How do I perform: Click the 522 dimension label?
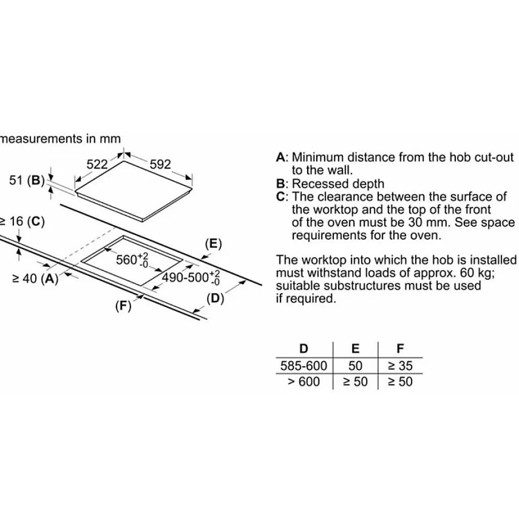tap(97, 164)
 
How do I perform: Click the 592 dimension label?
tap(160, 164)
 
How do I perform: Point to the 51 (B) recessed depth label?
tap(27, 180)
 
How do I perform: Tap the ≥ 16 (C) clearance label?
tap(22, 222)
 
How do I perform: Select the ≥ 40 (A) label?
tap(35, 279)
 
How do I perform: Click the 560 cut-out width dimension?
tap(132, 260)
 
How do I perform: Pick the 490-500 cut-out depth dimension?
tap(190, 278)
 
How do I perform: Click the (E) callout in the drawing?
tap(213, 244)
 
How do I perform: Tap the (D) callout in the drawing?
tap(216, 299)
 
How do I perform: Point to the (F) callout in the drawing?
tap(124, 306)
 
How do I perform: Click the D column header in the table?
tap(303, 348)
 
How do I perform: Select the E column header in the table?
tap(355, 348)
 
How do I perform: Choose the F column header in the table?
tap(400, 348)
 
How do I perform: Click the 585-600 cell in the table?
tap(303, 366)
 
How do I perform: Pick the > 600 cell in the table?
tap(303, 381)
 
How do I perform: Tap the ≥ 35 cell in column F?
tap(400, 366)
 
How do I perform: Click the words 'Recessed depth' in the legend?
tap(338, 184)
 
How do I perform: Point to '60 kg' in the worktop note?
tap(476, 273)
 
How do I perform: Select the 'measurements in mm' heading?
tap(60, 139)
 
